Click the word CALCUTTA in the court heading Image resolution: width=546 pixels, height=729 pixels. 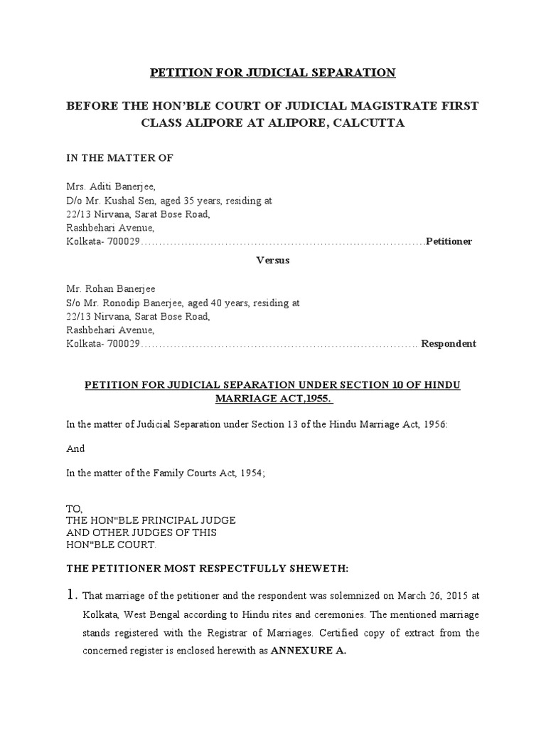coord(365,123)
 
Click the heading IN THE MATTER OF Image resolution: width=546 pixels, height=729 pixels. coord(120,157)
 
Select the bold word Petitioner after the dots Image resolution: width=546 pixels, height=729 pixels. coord(449,241)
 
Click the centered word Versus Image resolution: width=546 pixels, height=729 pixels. coord(272,261)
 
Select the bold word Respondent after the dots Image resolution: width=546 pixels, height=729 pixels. coord(449,343)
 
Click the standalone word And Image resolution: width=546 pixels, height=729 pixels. coord(75,449)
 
